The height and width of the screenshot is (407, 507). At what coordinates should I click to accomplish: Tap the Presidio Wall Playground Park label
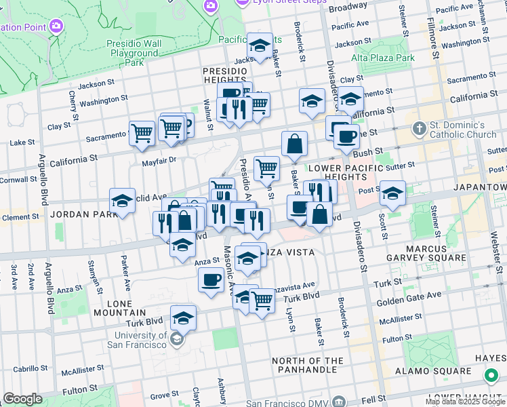click(x=134, y=53)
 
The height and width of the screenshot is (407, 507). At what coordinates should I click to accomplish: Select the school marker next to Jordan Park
click(x=122, y=201)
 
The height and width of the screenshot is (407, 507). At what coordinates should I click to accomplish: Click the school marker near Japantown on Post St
click(x=392, y=194)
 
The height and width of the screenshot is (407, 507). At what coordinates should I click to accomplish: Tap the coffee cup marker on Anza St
click(x=211, y=280)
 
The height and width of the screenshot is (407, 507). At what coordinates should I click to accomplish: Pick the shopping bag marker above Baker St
click(x=294, y=144)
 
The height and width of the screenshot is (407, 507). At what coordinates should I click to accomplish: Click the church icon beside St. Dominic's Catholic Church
click(x=420, y=128)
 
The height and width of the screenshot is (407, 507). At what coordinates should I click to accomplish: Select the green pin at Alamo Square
click(x=491, y=375)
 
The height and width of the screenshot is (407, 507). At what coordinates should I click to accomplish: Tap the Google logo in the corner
click(x=22, y=399)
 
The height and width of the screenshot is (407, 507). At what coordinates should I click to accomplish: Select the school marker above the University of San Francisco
click(x=183, y=317)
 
